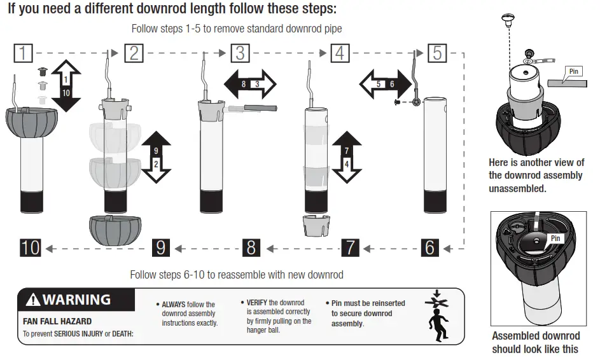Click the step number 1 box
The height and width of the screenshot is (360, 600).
click(x=23, y=53)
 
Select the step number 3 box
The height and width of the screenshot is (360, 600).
click(x=240, y=53)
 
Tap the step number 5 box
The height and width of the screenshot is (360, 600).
click(x=437, y=53)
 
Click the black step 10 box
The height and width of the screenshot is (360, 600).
click(x=30, y=247)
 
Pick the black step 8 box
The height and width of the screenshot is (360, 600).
click(x=251, y=247)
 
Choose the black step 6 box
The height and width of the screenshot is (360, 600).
click(x=430, y=247)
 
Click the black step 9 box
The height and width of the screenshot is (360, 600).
click(x=161, y=247)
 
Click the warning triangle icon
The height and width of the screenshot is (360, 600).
click(x=32, y=299)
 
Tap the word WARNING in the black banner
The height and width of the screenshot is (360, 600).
click(x=76, y=299)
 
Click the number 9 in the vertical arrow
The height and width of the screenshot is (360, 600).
click(x=155, y=151)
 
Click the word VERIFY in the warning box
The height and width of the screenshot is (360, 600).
click(x=257, y=303)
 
